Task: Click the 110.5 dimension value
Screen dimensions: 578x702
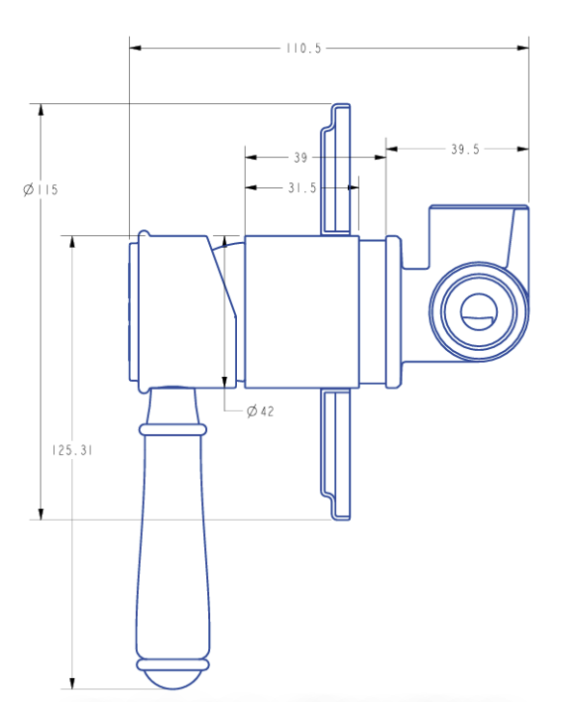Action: point(303,48)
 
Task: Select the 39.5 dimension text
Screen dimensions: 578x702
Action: point(465,149)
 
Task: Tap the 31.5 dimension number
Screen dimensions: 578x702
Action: point(302,188)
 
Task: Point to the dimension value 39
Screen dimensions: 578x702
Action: point(301,157)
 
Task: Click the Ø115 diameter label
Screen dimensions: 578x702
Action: point(40,189)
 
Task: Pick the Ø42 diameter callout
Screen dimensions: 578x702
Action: point(260,411)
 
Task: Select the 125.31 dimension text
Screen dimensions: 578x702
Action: point(72,450)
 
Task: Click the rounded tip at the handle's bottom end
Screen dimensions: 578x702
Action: point(172,680)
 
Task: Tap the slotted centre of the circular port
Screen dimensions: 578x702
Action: point(479,312)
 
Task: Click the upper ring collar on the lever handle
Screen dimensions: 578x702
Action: point(172,430)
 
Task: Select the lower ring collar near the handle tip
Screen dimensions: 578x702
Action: point(172,664)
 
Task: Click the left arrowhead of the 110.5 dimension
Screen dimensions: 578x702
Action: point(136,48)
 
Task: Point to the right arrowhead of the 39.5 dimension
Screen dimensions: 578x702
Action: point(523,149)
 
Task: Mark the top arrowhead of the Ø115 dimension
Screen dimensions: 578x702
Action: point(40,110)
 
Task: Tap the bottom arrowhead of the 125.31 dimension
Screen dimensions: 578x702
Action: point(72,683)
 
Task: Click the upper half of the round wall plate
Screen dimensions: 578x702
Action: point(335,170)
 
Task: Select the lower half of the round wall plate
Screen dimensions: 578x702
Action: point(335,454)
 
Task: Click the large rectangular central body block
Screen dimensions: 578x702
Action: point(302,311)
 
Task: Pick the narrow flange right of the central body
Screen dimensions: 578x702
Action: point(393,311)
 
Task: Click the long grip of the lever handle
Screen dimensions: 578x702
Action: point(172,546)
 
